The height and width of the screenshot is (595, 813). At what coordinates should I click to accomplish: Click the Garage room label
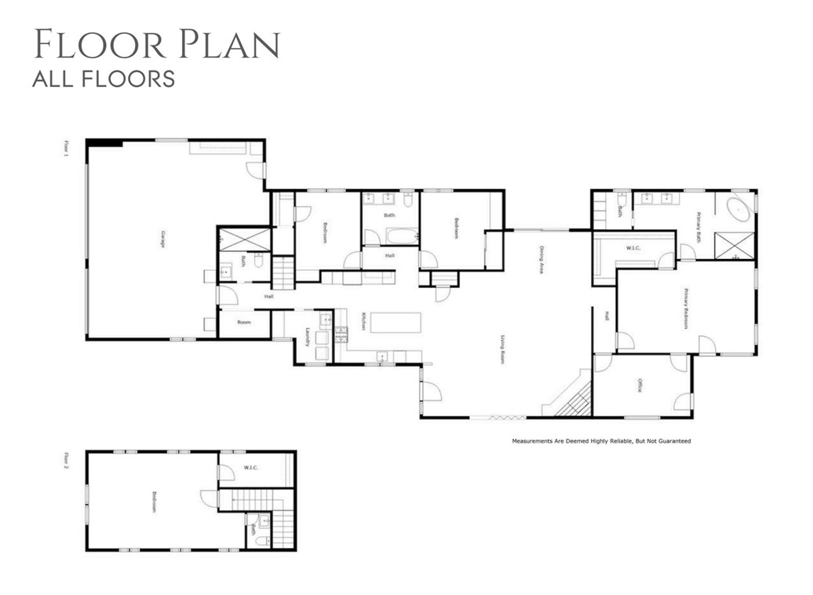162,239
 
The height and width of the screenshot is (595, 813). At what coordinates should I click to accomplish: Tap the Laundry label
308,336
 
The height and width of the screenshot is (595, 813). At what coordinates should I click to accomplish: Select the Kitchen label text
363,321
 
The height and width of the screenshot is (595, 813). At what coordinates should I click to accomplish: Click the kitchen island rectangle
396,323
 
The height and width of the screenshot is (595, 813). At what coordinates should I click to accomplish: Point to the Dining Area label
541,260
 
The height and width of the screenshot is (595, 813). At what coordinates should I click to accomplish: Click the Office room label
640,385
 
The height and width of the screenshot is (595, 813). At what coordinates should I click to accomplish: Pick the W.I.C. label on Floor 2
251,469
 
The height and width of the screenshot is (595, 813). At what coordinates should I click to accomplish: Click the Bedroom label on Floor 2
154,502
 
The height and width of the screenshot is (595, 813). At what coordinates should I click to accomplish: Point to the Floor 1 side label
67,149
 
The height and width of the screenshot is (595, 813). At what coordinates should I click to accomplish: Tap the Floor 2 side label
67,460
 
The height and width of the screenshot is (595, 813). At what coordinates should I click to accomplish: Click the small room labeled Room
244,323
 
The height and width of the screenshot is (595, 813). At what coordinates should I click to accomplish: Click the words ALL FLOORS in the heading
103,78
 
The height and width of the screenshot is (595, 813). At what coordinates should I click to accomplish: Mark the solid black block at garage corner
104,143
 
